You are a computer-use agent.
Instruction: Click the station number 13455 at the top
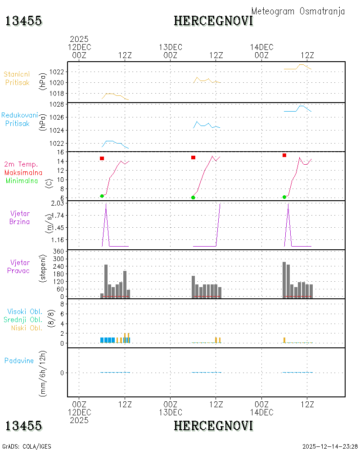23,21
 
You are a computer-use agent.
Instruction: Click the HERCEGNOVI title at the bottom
214,426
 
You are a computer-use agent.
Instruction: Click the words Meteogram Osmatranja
298,11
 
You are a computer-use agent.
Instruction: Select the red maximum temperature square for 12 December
102,158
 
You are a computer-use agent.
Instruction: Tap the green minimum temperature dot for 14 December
284,197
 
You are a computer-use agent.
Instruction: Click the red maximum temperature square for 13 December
193,157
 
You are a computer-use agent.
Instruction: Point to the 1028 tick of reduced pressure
56,104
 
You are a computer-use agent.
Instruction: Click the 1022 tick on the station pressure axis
56,72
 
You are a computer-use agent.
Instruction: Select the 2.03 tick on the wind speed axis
58,203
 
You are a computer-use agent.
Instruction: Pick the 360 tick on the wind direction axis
58,252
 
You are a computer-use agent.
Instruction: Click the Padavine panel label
19,361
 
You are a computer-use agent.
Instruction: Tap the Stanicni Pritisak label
17,78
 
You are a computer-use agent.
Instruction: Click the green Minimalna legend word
22,181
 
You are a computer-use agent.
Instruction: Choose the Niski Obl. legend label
27,328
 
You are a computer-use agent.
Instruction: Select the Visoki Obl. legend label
25,311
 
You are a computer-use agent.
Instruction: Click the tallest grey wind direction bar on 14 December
284,280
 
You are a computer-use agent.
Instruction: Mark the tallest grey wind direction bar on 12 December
106,281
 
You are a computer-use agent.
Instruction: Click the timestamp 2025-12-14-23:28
330,446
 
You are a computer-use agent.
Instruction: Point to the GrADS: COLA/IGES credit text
27,446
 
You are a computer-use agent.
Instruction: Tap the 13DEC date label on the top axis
171,47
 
